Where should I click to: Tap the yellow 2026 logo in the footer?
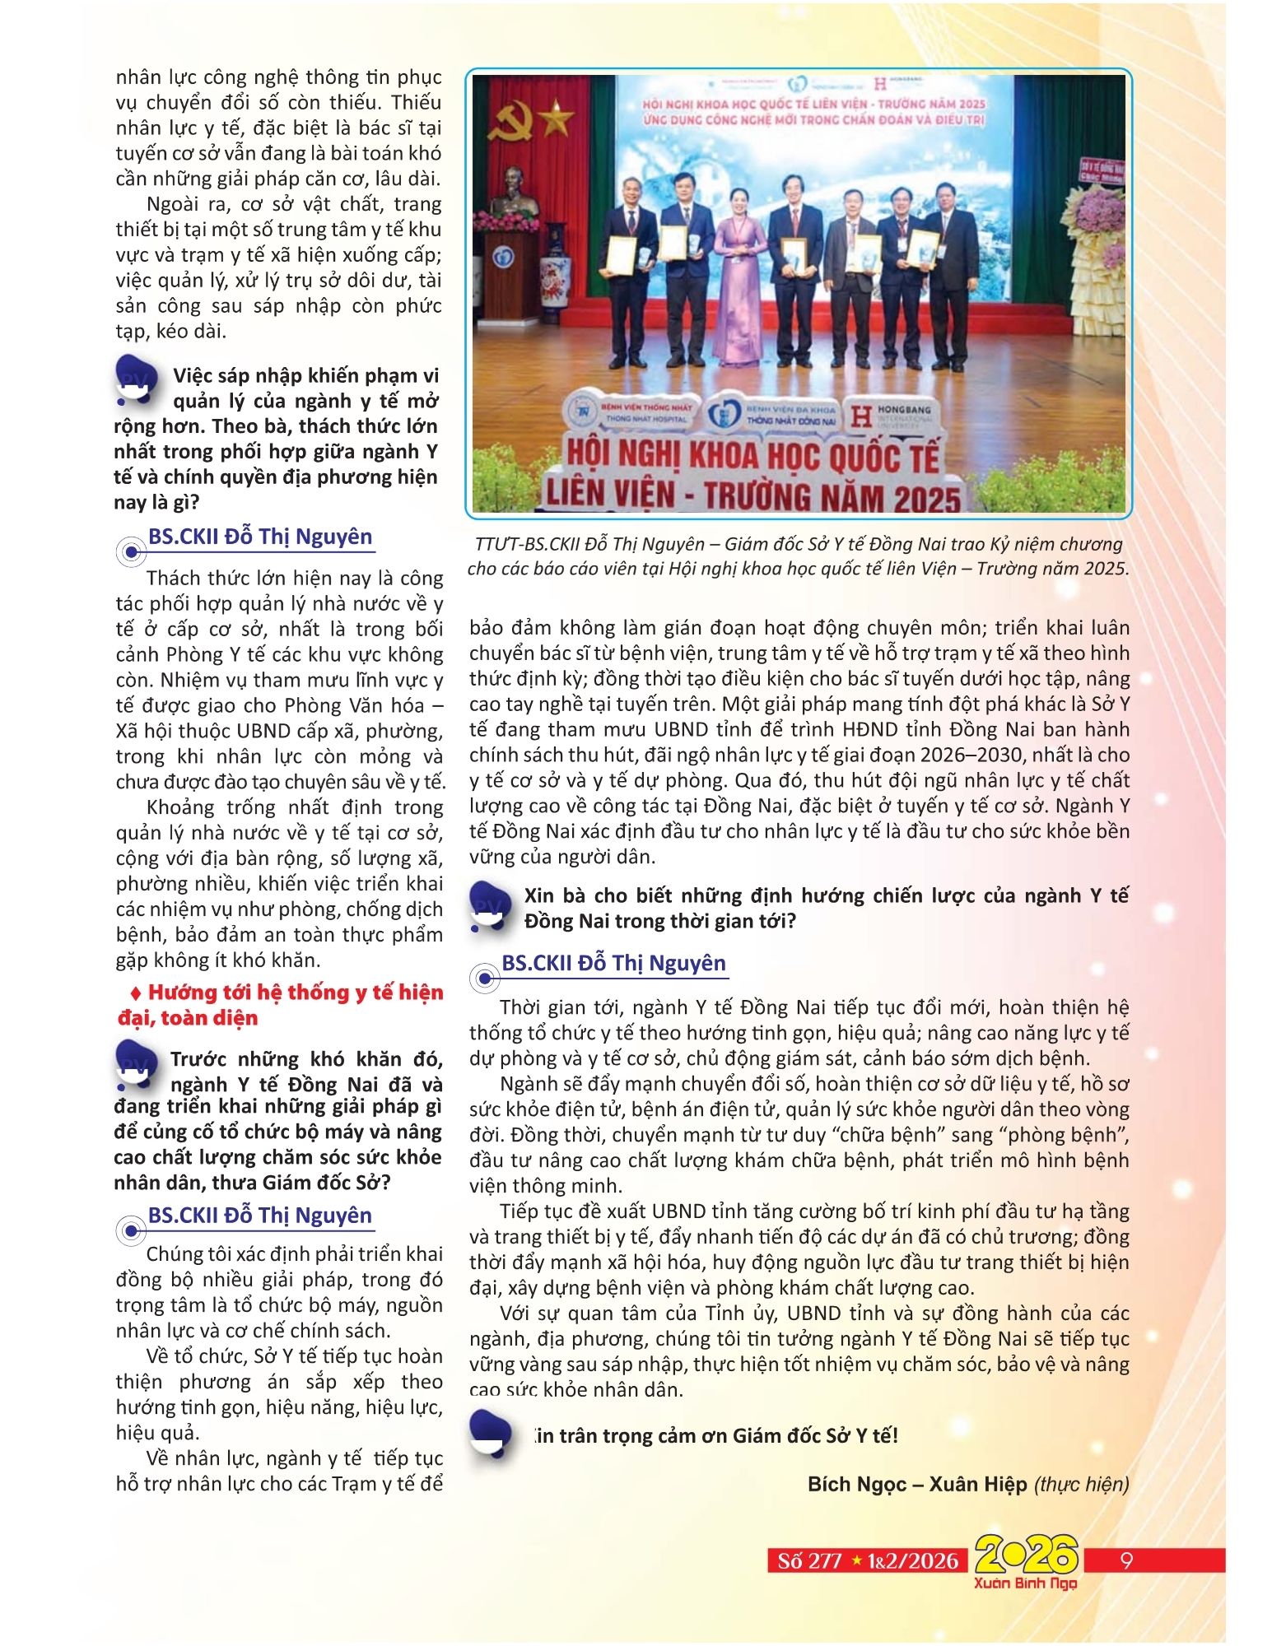pos(1026,1555)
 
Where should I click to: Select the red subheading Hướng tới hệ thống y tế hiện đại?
pos(280,1005)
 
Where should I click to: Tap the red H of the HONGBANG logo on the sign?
pos(860,416)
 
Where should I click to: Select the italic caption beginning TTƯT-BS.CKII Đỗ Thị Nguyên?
pos(798,556)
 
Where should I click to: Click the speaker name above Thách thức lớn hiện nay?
pos(260,537)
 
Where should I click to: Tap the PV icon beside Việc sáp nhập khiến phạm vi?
pos(136,380)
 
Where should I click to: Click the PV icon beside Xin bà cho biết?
pos(491,906)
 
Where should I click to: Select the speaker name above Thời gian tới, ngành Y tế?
pos(613,963)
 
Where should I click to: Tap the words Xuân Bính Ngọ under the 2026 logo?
pos(1025,1583)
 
